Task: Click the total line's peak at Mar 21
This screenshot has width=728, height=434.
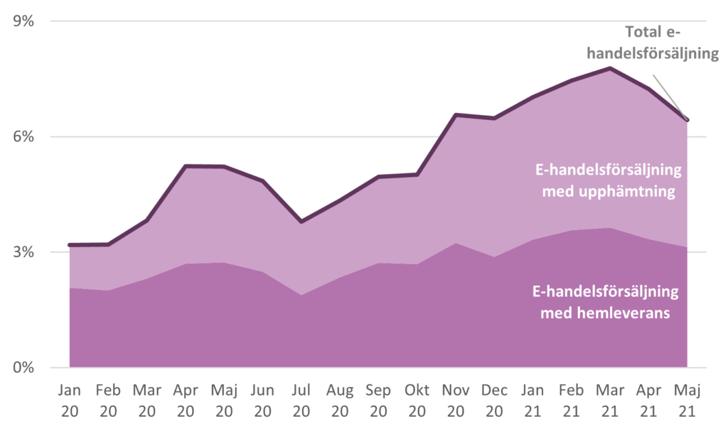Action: (609, 68)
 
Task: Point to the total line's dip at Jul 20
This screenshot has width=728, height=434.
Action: (301, 222)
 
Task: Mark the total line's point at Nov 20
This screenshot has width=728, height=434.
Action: (455, 114)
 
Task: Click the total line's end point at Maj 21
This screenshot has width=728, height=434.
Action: (687, 120)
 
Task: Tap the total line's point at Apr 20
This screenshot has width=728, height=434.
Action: (186, 166)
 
